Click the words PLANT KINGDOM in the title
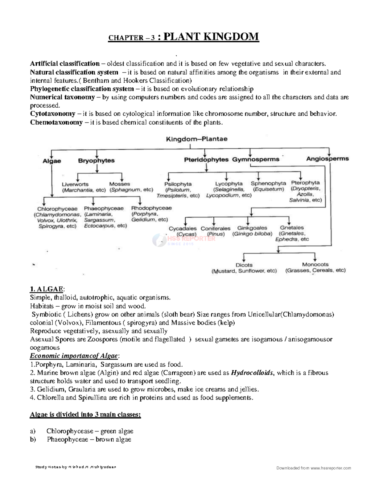[211, 37]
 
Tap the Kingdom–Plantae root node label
[197, 139]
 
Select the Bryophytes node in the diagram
[96, 161]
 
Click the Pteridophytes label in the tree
[206, 159]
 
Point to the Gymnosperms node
[256, 159]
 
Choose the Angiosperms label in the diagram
[327, 159]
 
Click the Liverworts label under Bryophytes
[75, 184]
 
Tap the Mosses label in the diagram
[120, 184]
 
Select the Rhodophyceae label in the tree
[151, 208]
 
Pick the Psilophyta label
[178, 184]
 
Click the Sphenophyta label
[268, 183]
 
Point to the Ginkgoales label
[252, 228]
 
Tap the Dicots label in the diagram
[244, 265]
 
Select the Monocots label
[315, 264]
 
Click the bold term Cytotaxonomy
[53, 114]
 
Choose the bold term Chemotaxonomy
[56, 122]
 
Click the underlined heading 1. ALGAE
[47, 289]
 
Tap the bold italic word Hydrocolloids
[252, 373]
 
